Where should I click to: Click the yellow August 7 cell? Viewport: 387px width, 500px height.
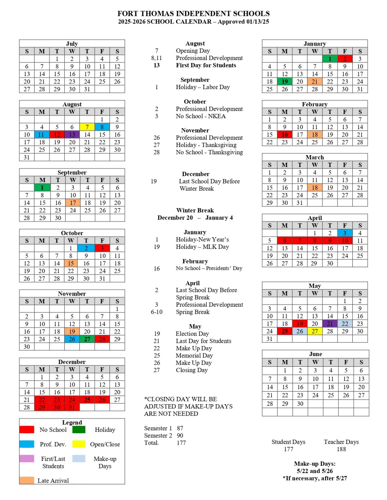tap(87, 127)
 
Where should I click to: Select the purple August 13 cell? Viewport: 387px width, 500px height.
tap(72, 134)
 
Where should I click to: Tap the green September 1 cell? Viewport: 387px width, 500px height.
tap(42, 187)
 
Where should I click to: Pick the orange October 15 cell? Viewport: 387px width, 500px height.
tap(71, 263)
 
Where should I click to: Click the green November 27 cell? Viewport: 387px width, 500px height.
tap(87, 339)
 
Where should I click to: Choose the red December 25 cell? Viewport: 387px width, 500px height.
tap(87, 400)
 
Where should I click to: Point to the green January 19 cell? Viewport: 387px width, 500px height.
tap(285, 81)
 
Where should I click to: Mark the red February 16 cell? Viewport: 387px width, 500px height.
tap(285, 134)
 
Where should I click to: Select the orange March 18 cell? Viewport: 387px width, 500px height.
tap(315, 187)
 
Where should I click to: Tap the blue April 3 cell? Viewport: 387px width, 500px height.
tap(345, 233)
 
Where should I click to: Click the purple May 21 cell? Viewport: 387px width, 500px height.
tap(330, 324)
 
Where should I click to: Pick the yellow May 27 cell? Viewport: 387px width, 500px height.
tap(315, 331)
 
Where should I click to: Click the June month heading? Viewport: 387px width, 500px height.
tap(315, 354)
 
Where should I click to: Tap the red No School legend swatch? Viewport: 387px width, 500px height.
tap(27, 430)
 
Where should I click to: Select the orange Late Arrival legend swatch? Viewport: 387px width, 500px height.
tap(27, 480)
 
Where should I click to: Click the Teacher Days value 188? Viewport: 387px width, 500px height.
tap(341, 449)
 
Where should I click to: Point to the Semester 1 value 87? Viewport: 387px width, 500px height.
tap(180, 428)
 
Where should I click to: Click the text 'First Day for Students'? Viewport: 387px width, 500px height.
tap(206, 65)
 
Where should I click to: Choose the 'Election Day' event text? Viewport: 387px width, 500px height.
tap(192, 334)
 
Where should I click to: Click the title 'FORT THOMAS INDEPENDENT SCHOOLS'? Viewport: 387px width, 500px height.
tap(193, 14)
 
